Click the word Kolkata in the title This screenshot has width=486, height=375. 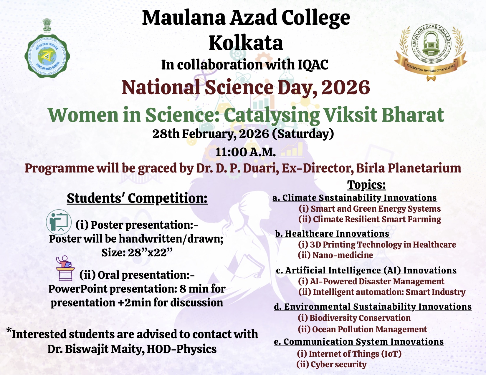(246, 43)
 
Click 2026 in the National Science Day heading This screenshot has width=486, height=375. (345, 88)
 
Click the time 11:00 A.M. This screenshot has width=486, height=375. (246, 152)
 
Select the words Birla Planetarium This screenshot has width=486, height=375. (409, 168)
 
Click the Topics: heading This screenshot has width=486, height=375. (366, 185)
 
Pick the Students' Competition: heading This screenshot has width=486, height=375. (137, 198)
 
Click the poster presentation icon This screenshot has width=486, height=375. (59, 222)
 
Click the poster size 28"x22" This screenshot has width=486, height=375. (137, 253)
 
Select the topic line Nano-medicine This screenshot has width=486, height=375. (335, 255)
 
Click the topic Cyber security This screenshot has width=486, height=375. (332, 364)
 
